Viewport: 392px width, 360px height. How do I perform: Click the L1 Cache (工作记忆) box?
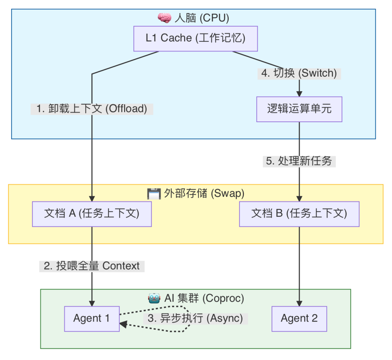(x=195, y=38)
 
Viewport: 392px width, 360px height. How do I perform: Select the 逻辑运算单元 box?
(x=299, y=109)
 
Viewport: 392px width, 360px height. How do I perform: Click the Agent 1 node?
(x=92, y=319)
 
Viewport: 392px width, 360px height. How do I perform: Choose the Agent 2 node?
(x=299, y=319)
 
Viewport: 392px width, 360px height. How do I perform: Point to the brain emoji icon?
(x=164, y=18)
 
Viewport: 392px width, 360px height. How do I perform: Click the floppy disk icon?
(x=154, y=194)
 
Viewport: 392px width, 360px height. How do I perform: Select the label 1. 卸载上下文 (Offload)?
(x=92, y=109)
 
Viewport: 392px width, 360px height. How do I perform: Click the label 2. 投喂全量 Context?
(x=92, y=266)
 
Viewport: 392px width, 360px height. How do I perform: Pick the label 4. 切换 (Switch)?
(x=299, y=73)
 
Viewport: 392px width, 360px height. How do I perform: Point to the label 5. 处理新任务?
(x=299, y=161)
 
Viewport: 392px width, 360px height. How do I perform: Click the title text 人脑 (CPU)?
(x=202, y=18)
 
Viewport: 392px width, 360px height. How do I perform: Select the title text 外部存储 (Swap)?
(x=204, y=194)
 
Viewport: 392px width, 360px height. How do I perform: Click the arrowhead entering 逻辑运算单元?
(x=299, y=93)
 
